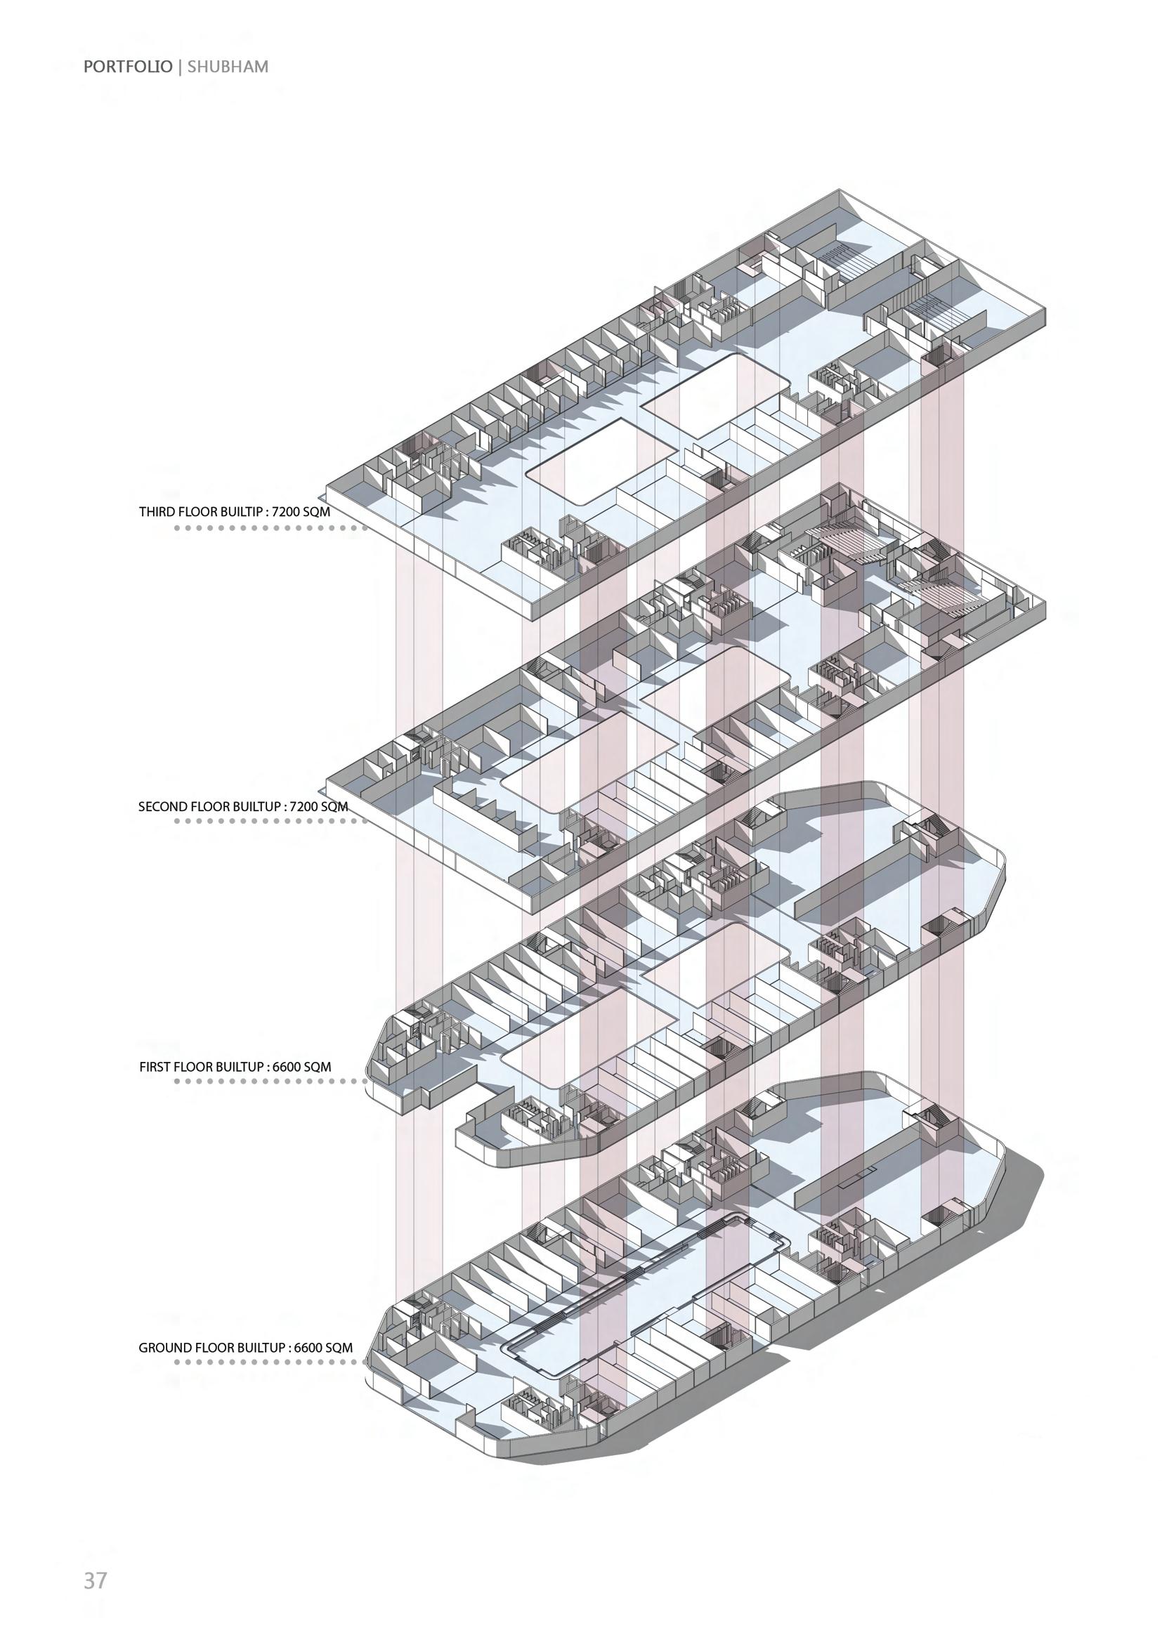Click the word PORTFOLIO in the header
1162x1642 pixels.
point(127,67)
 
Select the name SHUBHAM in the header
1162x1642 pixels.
point(228,67)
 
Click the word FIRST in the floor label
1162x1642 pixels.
point(155,1067)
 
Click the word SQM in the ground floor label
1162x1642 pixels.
point(339,1348)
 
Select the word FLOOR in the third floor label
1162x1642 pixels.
point(193,512)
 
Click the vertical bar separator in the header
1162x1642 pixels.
point(180,67)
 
